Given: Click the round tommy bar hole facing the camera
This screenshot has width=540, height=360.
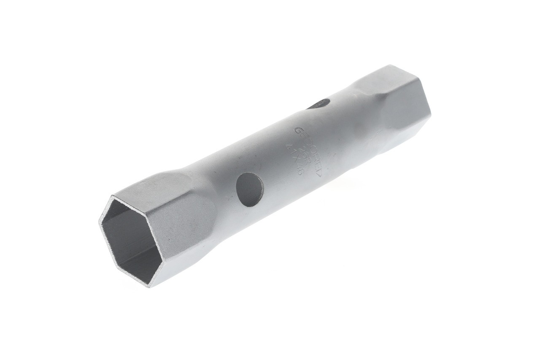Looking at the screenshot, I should pyautogui.click(x=250, y=189).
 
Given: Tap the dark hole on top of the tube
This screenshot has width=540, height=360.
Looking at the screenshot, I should pyautogui.click(x=319, y=104).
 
